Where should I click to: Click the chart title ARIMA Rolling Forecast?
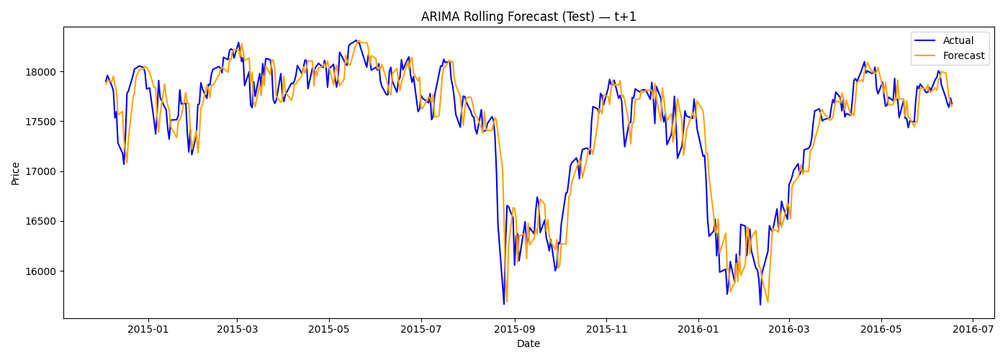coord(528,17)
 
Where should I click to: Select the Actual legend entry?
coord(958,41)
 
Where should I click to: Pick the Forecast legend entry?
coord(963,56)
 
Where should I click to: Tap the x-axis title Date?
coord(528,344)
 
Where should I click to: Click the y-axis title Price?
coord(16,173)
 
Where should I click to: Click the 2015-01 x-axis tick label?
coord(148,329)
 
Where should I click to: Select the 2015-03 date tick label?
coord(237,329)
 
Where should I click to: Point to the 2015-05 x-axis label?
coord(329,329)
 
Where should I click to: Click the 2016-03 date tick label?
coord(788,329)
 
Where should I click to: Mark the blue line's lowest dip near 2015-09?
coord(504,304)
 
